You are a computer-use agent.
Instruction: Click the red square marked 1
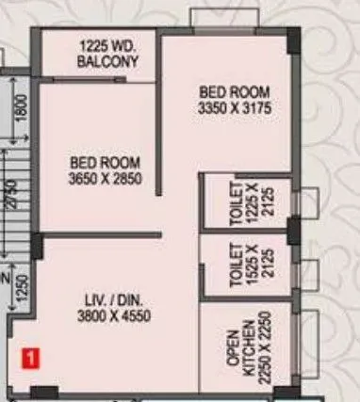pyautogui.click(x=30, y=357)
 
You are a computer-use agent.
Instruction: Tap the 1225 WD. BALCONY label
pyautogui.click(x=109, y=55)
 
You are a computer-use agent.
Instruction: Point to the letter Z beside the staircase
pyautogui.click(x=7, y=279)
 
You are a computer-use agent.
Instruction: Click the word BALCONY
pyautogui.click(x=109, y=62)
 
